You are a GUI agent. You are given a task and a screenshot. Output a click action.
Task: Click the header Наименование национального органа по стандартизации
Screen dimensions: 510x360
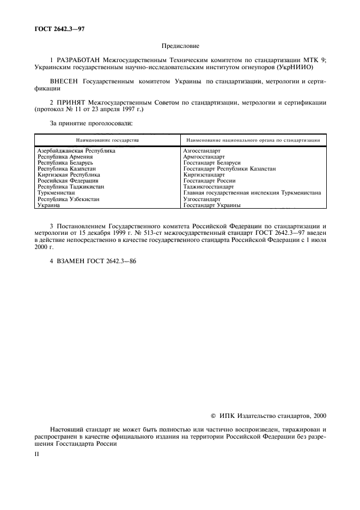coord(252,140)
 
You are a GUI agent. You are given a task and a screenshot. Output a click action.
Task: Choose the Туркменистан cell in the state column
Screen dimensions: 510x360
coord(57,193)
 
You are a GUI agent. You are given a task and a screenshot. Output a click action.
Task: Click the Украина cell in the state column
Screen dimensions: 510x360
coord(49,205)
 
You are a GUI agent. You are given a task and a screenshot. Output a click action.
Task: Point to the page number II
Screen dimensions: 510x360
coord(38,453)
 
